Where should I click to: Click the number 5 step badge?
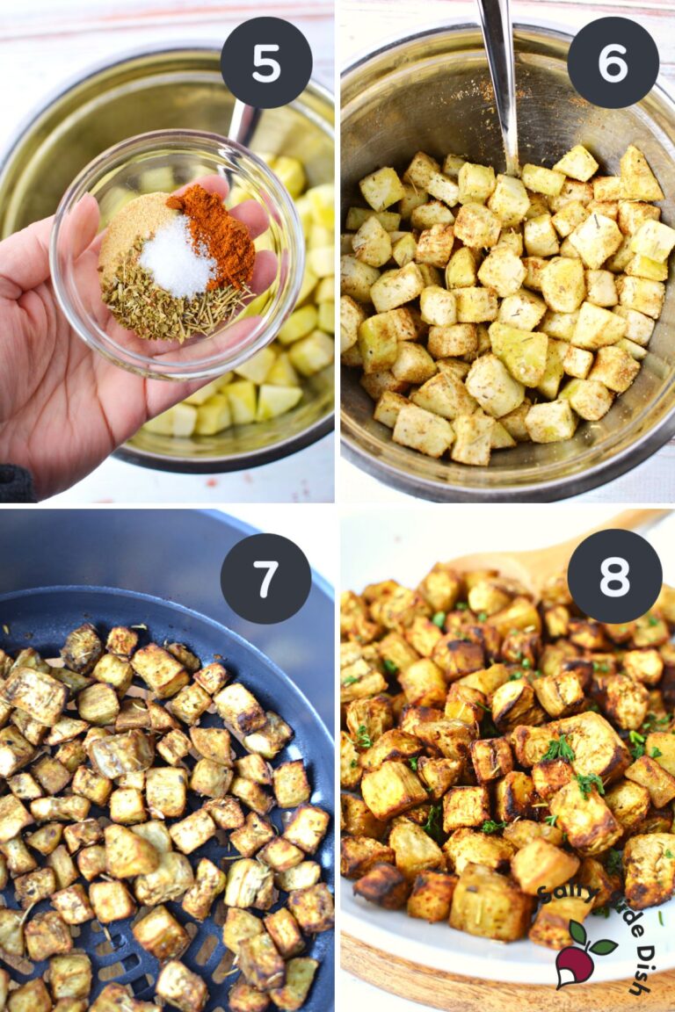[266, 62]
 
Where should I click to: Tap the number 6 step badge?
[613, 62]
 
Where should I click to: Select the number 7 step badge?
[265, 579]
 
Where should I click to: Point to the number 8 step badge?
[614, 576]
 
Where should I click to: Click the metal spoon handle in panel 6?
[498, 61]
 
